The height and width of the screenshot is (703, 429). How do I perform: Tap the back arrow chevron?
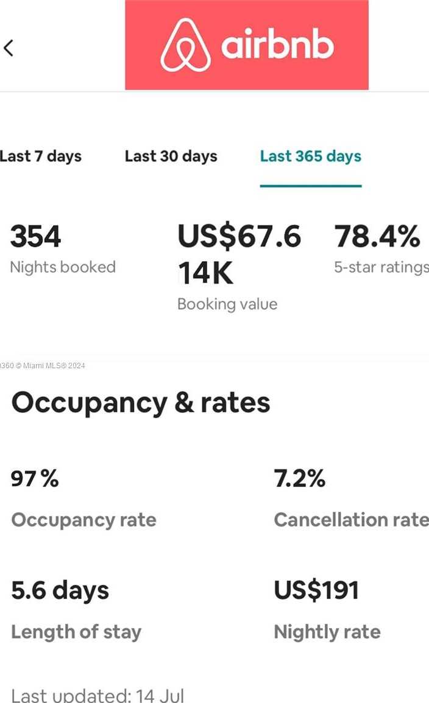tap(9, 47)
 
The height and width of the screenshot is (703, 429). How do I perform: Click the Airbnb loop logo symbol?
tap(185, 45)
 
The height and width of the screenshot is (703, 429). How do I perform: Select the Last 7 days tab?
tap(40, 156)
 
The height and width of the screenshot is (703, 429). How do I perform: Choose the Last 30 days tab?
tap(171, 156)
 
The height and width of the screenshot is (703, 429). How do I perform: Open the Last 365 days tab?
tap(310, 156)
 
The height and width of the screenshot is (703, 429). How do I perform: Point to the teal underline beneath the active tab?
tap(310, 186)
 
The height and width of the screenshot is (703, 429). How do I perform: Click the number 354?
tap(36, 237)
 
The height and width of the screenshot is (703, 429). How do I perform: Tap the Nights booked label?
tap(63, 267)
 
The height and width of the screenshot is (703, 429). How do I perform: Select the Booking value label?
tap(227, 304)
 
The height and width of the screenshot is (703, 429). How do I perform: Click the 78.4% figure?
tap(377, 237)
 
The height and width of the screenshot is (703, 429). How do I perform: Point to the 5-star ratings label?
tap(381, 267)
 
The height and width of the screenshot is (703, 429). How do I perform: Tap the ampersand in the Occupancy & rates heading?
tap(184, 403)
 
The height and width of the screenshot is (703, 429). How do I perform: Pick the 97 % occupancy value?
tap(35, 479)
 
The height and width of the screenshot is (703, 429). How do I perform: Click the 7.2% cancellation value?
tap(299, 479)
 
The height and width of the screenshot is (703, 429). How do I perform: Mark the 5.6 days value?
tap(60, 590)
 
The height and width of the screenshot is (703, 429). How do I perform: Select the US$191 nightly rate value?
tap(316, 590)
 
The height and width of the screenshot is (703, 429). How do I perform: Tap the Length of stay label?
tap(76, 632)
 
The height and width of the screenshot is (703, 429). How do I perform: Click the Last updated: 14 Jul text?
tap(97, 695)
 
